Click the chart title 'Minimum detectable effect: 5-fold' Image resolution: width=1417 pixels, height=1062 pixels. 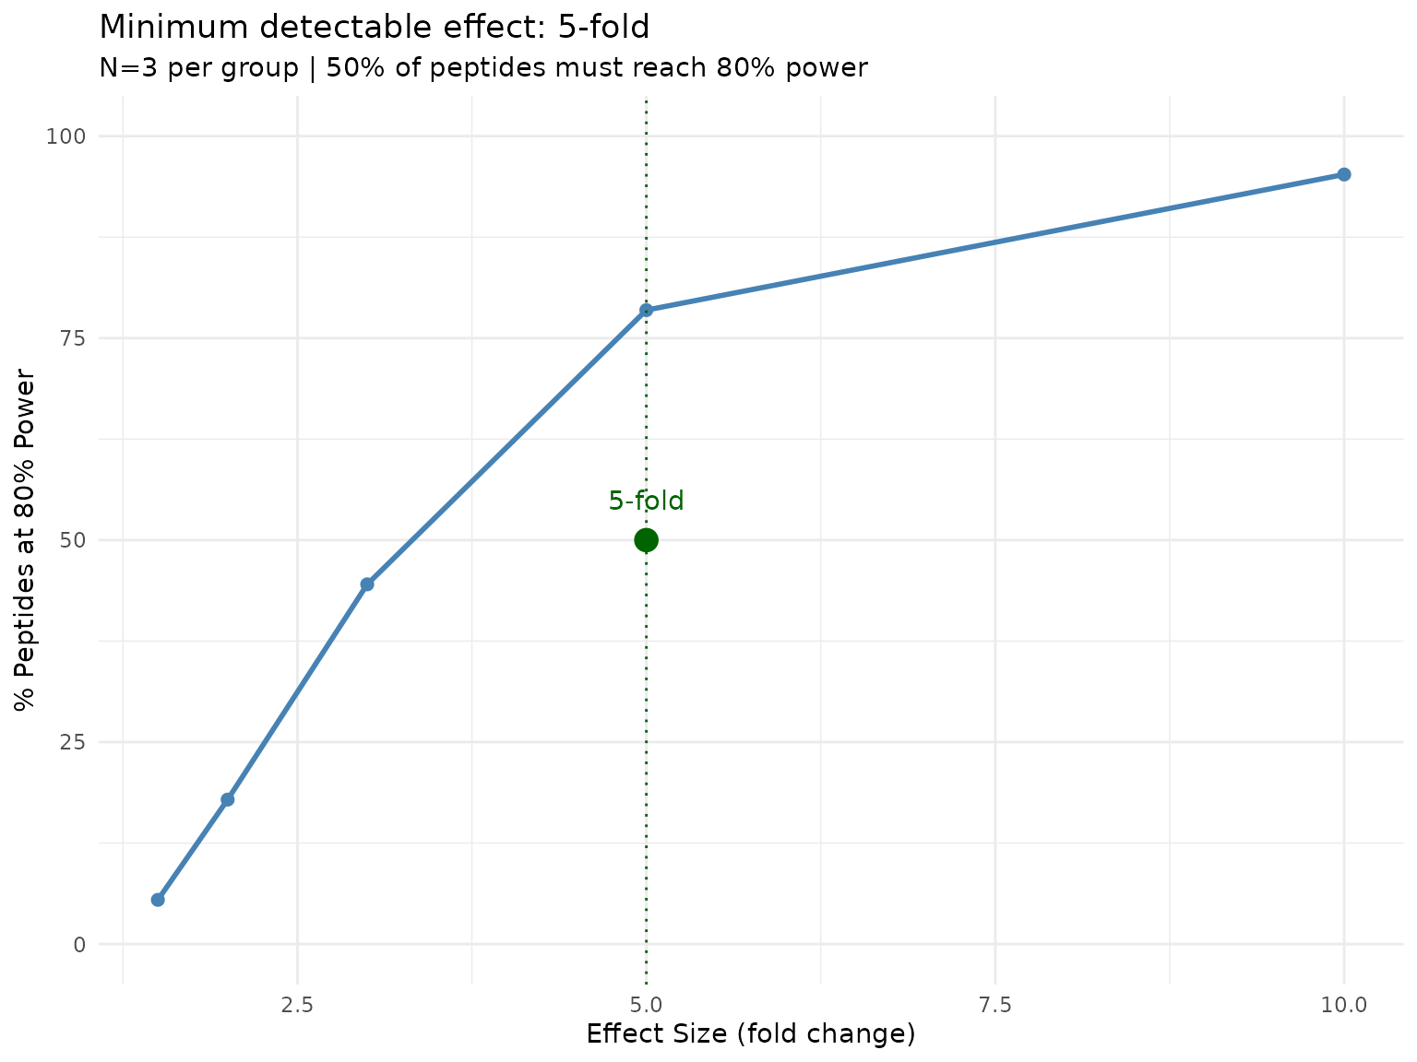(374, 28)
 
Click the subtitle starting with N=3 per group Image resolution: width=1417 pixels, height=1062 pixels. (482, 67)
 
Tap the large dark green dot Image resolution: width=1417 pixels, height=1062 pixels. (646, 539)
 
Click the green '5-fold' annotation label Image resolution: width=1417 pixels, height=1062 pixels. (646, 501)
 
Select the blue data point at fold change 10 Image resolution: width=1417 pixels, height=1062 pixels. (1344, 174)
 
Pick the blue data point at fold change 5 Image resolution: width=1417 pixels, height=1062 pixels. (646, 310)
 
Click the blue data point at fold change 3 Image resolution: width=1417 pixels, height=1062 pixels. (367, 584)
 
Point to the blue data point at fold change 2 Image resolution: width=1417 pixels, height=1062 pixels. (227, 799)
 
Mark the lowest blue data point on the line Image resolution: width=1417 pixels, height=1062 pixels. (158, 899)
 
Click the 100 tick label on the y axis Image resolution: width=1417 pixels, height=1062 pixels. (66, 136)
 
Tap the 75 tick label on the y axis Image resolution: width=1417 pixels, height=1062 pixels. (72, 338)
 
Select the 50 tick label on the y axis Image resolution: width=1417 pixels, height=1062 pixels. (72, 540)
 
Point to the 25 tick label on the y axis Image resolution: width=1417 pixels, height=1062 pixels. (72, 742)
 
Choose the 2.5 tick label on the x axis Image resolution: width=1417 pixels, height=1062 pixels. (297, 1004)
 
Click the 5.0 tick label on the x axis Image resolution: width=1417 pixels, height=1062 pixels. (646, 1004)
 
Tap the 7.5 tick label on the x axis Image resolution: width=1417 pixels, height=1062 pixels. (995, 1004)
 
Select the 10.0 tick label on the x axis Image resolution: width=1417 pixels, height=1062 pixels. (1344, 1004)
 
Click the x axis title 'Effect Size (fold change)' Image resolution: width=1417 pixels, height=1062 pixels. (751, 1034)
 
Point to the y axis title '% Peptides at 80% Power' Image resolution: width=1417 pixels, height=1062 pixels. (26, 540)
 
